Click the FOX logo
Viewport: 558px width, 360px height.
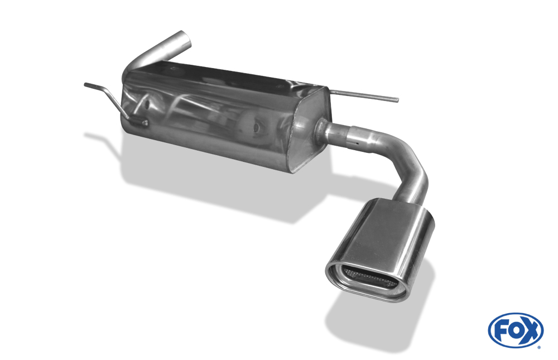pos(516,330)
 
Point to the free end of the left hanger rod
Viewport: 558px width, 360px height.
pos(85,84)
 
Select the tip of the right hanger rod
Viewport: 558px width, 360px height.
pos(397,100)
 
